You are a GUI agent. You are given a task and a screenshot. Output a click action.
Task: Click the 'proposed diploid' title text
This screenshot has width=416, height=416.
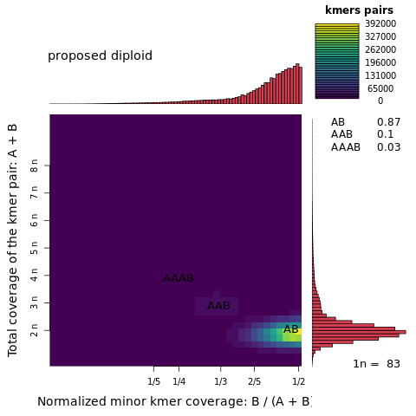[100, 56]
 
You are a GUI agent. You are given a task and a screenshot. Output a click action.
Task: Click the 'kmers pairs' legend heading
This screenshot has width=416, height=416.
[359, 10]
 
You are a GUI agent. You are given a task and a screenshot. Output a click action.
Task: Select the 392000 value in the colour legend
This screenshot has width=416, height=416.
[380, 24]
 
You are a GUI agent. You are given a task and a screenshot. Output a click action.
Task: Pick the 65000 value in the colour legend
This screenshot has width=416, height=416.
[380, 88]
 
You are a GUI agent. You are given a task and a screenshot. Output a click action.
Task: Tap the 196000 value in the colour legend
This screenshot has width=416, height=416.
[380, 62]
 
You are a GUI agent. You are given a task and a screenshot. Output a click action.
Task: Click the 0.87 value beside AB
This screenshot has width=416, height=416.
[388, 122]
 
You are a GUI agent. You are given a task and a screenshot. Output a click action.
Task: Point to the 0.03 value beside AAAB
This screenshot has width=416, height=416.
[388, 147]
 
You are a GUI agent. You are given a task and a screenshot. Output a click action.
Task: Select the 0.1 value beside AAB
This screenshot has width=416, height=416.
[385, 134]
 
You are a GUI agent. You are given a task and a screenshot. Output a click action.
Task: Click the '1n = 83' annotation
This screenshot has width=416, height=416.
[376, 364]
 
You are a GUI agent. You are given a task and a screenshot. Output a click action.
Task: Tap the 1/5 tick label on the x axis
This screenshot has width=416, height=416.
[154, 381]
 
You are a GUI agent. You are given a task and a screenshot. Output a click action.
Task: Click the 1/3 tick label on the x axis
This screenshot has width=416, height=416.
[221, 381]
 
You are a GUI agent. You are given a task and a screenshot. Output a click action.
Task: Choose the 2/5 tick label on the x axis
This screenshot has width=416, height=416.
[255, 381]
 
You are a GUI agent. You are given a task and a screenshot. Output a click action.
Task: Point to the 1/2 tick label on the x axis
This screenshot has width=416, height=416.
[297, 381]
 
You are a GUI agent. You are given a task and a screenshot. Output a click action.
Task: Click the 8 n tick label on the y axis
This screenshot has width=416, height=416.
[35, 165]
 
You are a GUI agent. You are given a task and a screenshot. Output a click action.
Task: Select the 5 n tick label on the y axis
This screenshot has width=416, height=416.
[35, 247]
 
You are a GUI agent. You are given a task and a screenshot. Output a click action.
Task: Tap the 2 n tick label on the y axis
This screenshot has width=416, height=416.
[35, 330]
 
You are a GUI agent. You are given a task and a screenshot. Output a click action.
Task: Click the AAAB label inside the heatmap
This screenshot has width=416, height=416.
[179, 278]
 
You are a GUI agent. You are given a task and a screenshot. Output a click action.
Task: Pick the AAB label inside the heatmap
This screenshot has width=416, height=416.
[218, 306]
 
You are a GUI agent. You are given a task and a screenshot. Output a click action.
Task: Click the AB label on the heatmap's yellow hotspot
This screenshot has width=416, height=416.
[291, 329]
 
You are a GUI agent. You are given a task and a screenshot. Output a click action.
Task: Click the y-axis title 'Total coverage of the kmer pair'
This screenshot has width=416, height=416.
[13, 240]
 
